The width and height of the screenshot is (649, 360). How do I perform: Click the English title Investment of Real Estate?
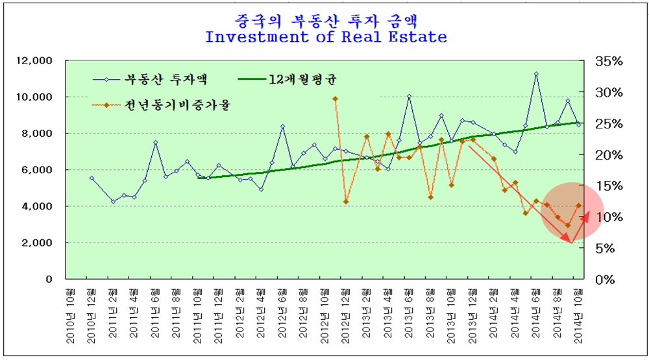[x=326, y=36]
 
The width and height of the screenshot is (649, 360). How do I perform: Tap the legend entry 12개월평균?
[x=305, y=80]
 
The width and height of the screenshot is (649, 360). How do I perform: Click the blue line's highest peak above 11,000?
[x=536, y=74]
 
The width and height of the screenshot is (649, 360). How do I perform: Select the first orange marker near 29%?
[x=335, y=99]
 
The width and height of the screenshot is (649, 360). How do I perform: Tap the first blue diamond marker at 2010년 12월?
[x=92, y=178]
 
